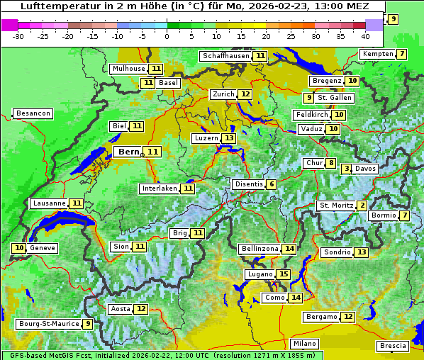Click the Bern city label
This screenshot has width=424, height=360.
[129, 152]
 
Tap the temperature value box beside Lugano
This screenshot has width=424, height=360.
[284, 274]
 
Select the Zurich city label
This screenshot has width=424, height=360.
[223, 94]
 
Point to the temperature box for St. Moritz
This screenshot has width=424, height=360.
[362, 206]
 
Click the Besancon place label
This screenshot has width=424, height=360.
[33, 113]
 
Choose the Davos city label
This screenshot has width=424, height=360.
[366, 169]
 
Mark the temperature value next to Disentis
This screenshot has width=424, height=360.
[271, 184]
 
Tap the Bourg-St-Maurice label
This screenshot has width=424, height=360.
[48, 324]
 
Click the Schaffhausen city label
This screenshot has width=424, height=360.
[225, 56]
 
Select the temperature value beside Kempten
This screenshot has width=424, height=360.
[401, 55]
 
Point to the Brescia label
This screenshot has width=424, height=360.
[393, 346]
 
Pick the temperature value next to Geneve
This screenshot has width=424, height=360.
[18, 248]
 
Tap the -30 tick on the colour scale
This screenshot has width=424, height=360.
[19, 36]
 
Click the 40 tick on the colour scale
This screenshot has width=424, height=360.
[365, 36]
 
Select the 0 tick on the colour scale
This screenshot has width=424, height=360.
[167, 36]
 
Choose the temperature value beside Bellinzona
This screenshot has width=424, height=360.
[289, 249]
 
